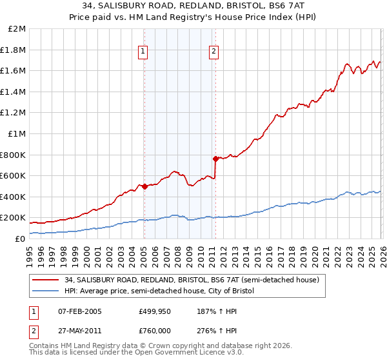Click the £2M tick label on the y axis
(x=17, y=29)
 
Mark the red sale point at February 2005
(x=144, y=186)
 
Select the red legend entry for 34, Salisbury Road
(x=187, y=280)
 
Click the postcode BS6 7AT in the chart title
(x=282, y=5)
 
